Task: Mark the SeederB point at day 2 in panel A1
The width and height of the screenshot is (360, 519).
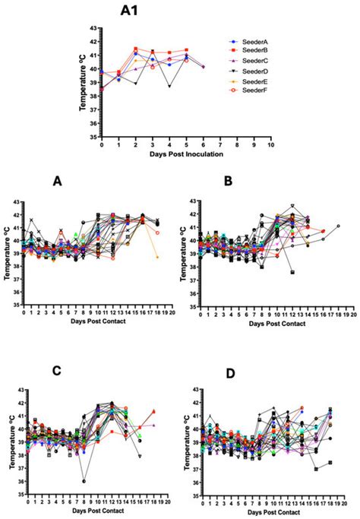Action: coord(135,49)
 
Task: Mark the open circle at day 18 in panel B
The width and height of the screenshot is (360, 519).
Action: coord(338,226)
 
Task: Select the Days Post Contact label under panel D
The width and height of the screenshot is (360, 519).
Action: coord(271,511)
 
